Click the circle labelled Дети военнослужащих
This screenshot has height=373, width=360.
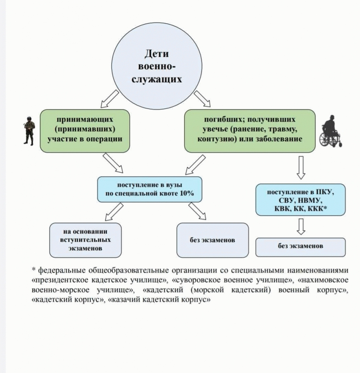pos(157,66)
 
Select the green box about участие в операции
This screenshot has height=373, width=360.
pos(85,131)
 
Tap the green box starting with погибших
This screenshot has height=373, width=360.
pos(250,131)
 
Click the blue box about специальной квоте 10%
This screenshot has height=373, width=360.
pos(150,190)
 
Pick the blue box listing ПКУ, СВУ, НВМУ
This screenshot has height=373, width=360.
pos(301,200)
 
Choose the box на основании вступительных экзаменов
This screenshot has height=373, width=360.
pos(85,240)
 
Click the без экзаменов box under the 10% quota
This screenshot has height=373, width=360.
pos(212,240)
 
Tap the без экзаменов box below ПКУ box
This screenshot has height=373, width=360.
pos(301,247)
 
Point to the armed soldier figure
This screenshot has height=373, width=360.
pos(29,131)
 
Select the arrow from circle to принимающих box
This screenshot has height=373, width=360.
pos(110,99)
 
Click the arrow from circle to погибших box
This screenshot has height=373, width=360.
pos(202,99)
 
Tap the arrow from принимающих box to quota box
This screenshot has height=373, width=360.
pos(113,163)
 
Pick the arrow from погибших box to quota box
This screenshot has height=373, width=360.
pos(195,165)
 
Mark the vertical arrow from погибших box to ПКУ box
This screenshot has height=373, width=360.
pos(301,168)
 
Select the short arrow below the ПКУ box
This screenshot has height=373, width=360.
pos(301,227)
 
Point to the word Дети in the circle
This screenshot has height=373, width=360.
pos(157,54)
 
